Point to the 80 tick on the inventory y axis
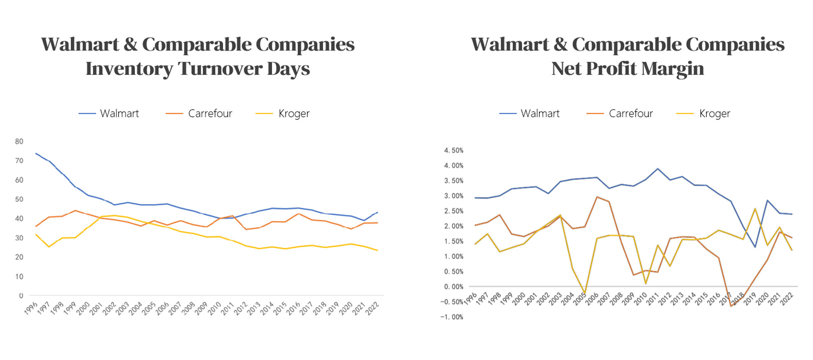(19, 141)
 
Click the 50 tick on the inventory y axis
(19, 199)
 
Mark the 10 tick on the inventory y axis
(19, 277)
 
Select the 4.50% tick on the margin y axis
(454, 150)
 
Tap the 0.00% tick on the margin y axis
(454, 287)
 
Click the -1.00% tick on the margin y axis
(452, 317)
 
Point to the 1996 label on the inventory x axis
(31, 308)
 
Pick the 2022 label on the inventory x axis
(372, 308)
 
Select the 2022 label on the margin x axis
(786, 299)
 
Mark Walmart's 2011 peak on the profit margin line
(658, 169)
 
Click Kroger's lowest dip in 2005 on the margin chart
(585, 293)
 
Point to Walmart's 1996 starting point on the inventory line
(36, 153)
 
